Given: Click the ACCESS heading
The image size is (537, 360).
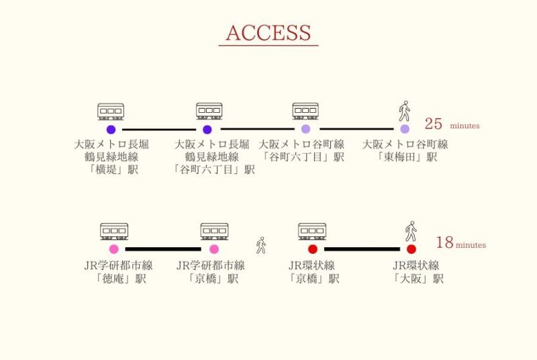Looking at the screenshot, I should click(x=268, y=33).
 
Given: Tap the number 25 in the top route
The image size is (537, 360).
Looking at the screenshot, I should click(x=434, y=124).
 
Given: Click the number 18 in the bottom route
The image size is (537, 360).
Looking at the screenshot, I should click(x=444, y=242).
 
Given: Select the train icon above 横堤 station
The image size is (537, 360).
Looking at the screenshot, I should click(x=111, y=111).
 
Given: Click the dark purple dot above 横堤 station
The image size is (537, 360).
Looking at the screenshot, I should click(x=111, y=130).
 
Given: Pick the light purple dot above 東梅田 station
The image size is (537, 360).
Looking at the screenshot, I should click(x=405, y=129).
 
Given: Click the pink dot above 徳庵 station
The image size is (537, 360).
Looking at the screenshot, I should click(x=114, y=249).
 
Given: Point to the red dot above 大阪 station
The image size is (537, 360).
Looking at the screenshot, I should click(x=411, y=249).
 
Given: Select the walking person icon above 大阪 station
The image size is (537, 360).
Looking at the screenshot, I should click(x=411, y=231).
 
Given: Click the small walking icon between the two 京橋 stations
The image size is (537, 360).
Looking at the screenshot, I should click(x=261, y=245).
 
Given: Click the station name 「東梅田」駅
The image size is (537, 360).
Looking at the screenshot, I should click(x=406, y=157).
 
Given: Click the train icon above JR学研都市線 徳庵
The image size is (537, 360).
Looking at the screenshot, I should click(x=114, y=231).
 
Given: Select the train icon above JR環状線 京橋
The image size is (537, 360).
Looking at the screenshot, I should click(x=312, y=231).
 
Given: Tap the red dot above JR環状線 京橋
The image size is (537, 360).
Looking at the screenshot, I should click(x=313, y=249).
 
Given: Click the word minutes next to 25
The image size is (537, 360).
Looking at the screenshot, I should click(x=465, y=126).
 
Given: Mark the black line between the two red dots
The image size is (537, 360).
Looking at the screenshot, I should click(x=362, y=249).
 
